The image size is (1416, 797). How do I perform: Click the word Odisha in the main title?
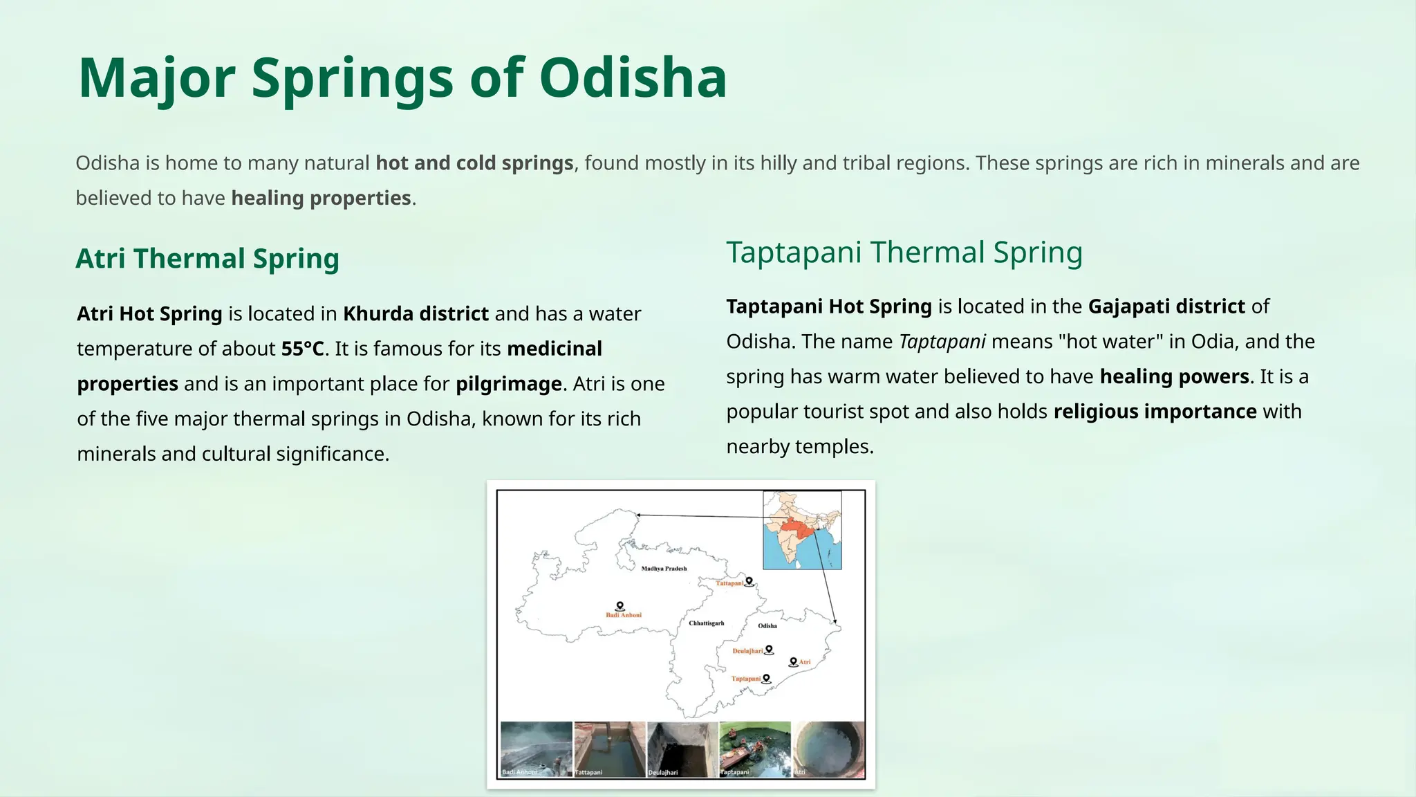pyautogui.click(x=633, y=77)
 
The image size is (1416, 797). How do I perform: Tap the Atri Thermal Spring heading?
pyautogui.click(x=207, y=259)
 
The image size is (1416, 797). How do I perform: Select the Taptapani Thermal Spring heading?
pyautogui.click(x=904, y=253)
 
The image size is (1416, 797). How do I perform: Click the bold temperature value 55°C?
pyautogui.click(x=302, y=349)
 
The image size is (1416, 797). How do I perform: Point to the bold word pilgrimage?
pyautogui.click(x=508, y=384)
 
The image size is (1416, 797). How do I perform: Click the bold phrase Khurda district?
pyautogui.click(x=416, y=314)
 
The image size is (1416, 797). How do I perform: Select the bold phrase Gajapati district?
pyautogui.click(x=1166, y=306)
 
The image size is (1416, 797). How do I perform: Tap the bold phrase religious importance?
pyautogui.click(x=1155, y=412)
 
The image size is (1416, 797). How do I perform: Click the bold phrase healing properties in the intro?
pyautogui.click(x=321, y=199)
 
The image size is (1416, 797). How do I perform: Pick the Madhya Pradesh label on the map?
pyautogui.click(x=664, y=569)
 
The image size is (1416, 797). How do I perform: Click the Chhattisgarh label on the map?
pyautogui.click(x=706, y=623)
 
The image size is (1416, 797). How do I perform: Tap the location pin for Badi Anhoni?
pyautogui.click(x=620, y=606)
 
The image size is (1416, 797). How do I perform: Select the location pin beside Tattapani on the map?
pyautogui.click(x=749, y=581)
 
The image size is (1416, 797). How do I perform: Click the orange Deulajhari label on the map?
pyautogui.click(x=747, y=651)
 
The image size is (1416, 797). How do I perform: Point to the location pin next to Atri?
pyautogui.click(x=793, y=661)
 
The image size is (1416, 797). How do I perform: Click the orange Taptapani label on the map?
pyautogui.click(x=745, y=679)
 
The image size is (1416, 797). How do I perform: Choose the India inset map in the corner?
pyautogui.click(x=802, y=530)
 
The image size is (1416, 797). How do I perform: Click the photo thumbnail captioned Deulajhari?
pyautogui.click(x=682, y=749)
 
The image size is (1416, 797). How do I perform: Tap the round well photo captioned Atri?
pyautogui.click(x=828, y=749)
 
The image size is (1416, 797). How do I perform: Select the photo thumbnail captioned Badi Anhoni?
pyautogui.click(x=536, y=749)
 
